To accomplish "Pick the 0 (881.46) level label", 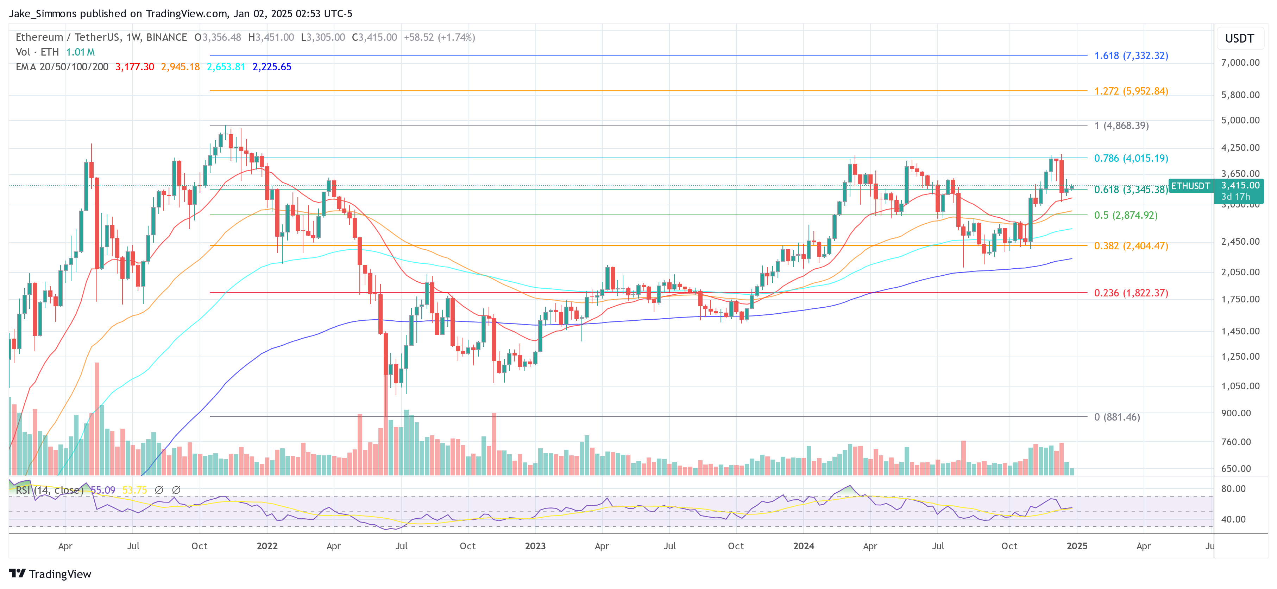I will click(x=1116, y=417).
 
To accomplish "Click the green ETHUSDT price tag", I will click(x=1190, y=186).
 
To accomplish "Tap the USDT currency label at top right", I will click(x=1239, y=39).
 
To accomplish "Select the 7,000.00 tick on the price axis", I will click(x=1240, y=63).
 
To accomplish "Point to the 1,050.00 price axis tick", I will click(x=1240, y=386).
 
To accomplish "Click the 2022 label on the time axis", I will click(x=267, y=546).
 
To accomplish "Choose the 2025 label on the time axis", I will click(x=1077, y=546).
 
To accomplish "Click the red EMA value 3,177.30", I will click(x=134, y=67).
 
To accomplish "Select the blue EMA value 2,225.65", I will click(x=272, y=67).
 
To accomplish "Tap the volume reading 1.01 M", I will click(x=80, y=52).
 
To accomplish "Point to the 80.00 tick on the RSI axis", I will click(x=1233, y=489).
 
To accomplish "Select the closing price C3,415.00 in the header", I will click(x=374, y=38).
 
